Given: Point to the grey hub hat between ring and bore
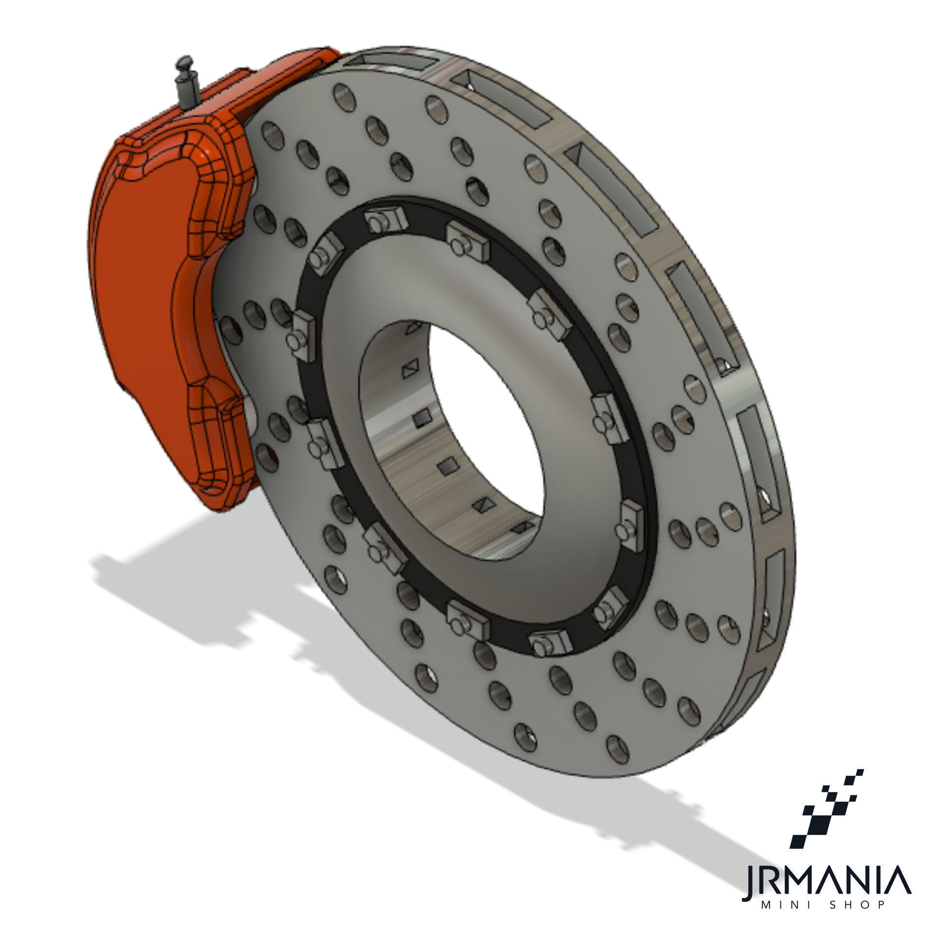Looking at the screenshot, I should (341, 438).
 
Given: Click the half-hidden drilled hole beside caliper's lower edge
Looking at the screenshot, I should (269, 455).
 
